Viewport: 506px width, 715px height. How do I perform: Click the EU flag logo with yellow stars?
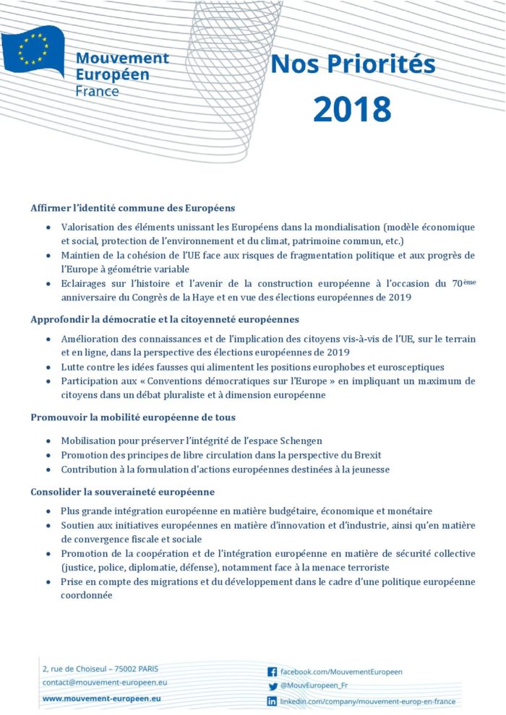(x=33, y=49)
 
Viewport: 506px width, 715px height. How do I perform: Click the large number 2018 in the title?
(x=352, y=108)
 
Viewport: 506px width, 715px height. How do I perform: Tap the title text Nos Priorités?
(x=353, y=64)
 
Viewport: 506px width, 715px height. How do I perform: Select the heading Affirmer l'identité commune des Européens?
(x=132, y=208)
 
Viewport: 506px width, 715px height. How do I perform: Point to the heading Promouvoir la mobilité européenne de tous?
(x=132, y=417)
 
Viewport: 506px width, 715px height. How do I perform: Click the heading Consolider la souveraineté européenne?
(x=122, y=493)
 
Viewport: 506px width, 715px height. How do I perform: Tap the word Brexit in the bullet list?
(x=366, y=455)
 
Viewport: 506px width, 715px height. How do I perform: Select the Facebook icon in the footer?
(x=273, y=672)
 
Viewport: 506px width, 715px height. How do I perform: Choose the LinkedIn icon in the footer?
(x=273, y=701)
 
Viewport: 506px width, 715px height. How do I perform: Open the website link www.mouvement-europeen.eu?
(x=101, y=698)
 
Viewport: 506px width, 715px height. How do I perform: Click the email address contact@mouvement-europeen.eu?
(x=105, y=682)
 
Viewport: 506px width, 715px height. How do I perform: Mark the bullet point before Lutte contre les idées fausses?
(x=48, y=367)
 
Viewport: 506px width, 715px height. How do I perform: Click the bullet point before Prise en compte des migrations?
(x=48, y=582)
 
